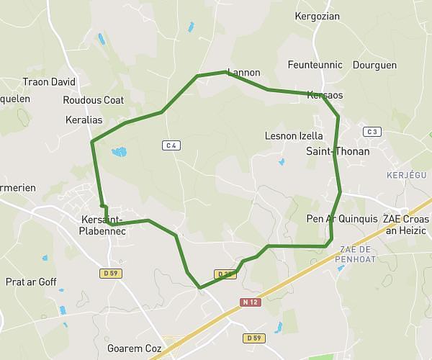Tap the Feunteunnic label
point(315,65)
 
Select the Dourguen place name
point(374,65)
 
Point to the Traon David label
point(49,82)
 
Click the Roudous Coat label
point(94,100)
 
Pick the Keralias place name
point(84,120)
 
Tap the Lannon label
point(243,73)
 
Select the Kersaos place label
point(325,95)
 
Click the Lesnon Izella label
point(294,135)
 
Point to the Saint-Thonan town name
point(338,151)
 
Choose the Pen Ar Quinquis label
point(342,219)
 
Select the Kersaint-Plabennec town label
point(102,225)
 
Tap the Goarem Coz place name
point(133,348)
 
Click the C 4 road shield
point(171,145)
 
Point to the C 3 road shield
point(372,132)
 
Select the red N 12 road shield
point(250,302)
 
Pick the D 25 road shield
point(223,274)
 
